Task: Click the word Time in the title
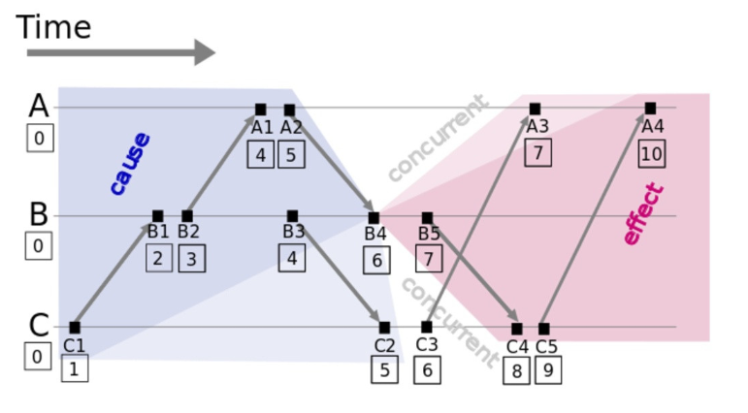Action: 53,26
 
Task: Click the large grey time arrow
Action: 116,52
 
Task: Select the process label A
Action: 38,106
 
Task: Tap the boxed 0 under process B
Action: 38,246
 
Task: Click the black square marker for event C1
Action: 75,328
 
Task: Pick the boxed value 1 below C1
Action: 74,368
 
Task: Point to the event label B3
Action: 293,232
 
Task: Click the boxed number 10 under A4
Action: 652,153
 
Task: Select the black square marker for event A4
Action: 650,109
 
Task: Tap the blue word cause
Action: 129,163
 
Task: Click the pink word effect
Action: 643,214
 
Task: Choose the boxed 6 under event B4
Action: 376,260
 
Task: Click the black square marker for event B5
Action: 427,218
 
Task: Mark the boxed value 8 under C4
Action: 516,370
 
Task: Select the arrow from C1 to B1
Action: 114,273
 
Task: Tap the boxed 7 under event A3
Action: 538,152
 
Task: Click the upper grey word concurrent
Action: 437,139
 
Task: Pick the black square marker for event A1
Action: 260,110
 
